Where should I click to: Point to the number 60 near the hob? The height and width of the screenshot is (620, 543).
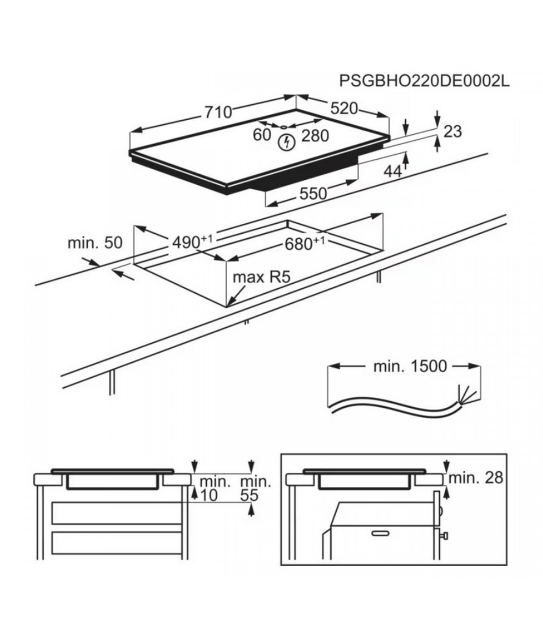point(262,135)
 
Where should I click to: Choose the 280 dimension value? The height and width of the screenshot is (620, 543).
point(315,136)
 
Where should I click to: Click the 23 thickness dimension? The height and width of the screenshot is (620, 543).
point(452,132)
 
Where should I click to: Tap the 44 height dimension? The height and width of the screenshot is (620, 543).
point(392,171)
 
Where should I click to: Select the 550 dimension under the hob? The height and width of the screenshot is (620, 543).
point(313,193)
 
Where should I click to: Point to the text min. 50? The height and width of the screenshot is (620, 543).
point(95,243)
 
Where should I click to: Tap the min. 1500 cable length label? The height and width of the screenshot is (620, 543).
point(410,366)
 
